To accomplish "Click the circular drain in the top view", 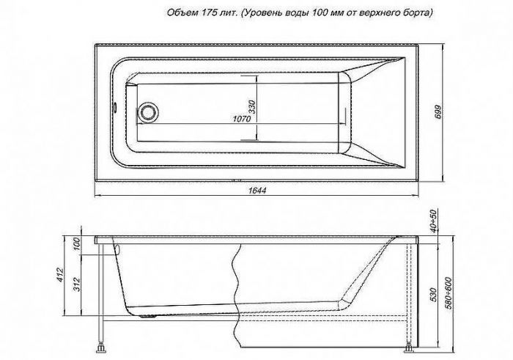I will tap(150, 113).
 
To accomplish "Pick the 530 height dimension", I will tap(433, 297).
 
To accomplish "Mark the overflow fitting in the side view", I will tap(115, 248).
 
